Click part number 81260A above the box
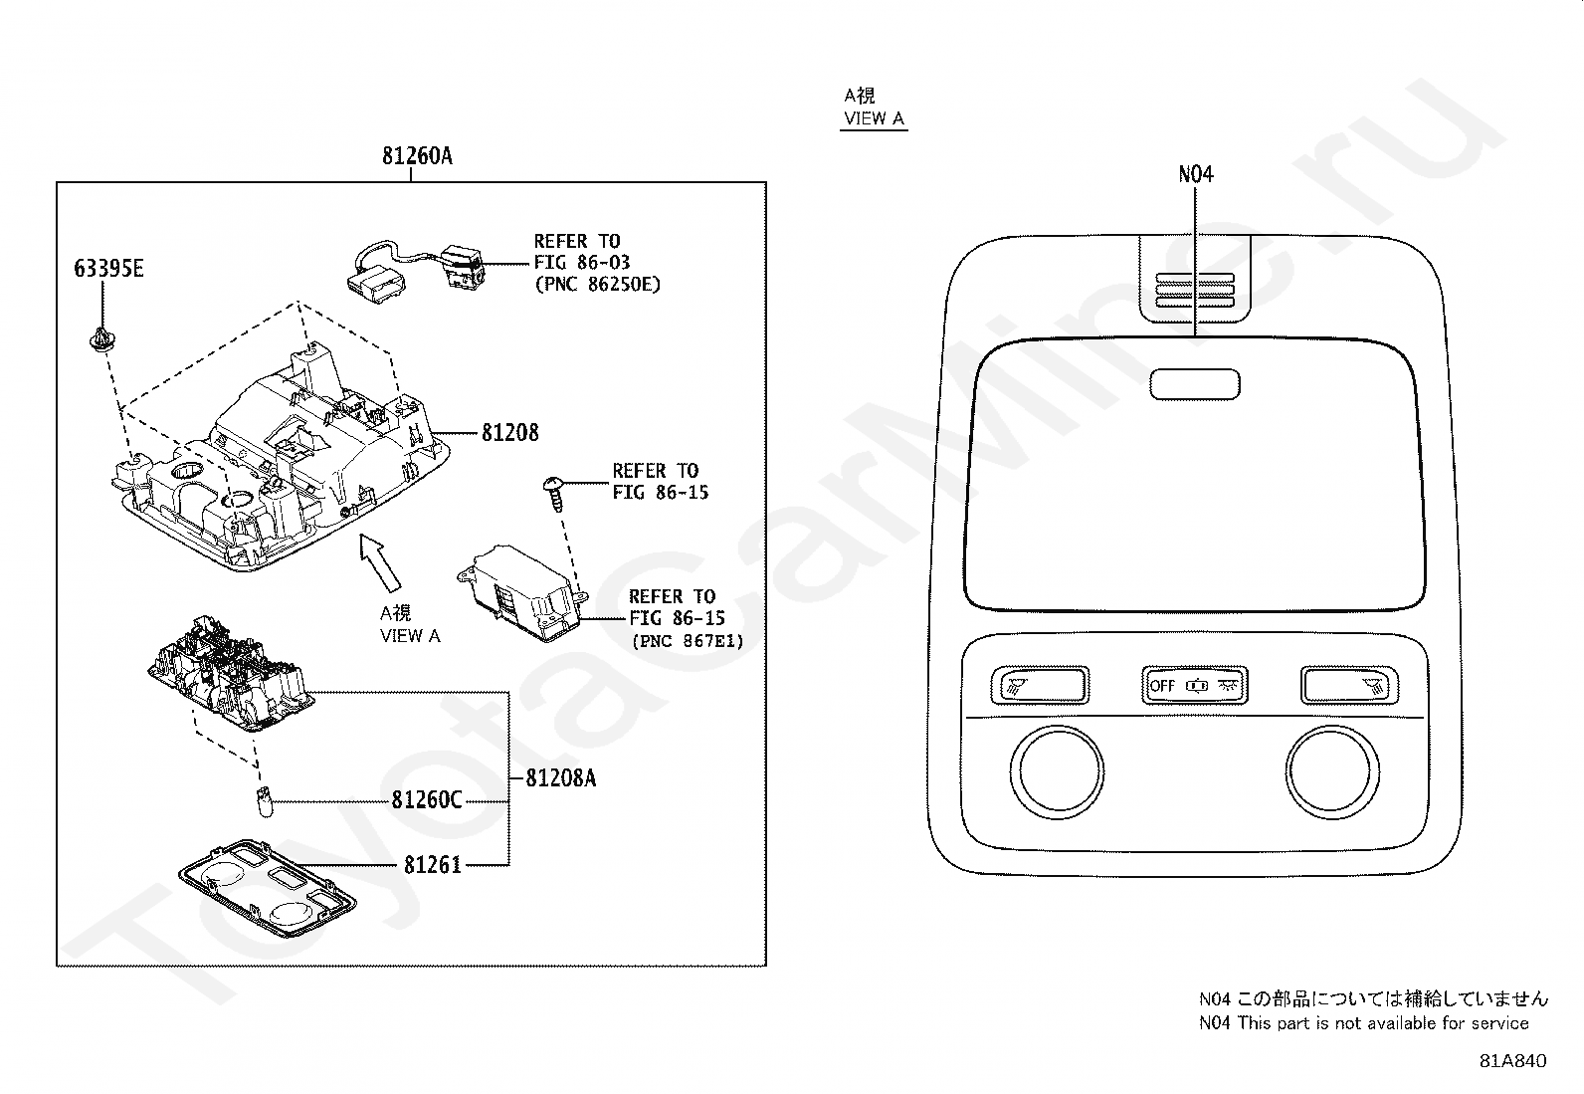417,156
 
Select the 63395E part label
108,269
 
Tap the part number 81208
510,433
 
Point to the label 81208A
560,778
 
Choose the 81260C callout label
426,800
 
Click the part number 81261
433,865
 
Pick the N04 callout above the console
1196,174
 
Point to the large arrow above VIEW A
378,563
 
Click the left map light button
1040,685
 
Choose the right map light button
1349,685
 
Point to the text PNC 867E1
688,642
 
